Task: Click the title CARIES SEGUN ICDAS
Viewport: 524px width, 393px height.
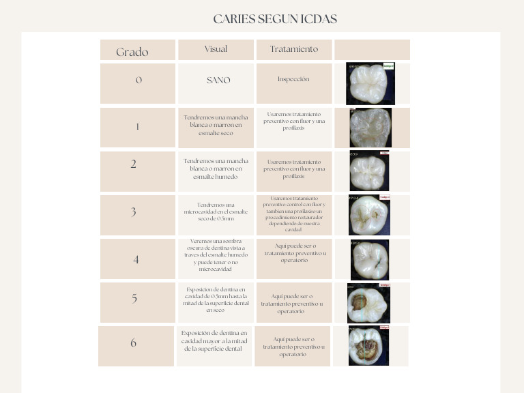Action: click(275, 19)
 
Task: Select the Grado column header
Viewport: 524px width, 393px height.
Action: click(132, 52)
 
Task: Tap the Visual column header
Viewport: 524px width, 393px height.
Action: click(216, 49)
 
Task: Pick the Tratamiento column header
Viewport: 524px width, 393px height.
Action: click(293, 49)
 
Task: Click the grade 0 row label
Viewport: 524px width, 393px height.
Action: click(139, 80)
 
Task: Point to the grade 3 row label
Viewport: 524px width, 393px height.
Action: click(134, 212)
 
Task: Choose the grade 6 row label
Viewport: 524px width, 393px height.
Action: click(134, 343)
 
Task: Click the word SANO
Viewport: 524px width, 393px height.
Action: click(218, 80)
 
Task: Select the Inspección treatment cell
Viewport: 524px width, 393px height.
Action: click(293, 79)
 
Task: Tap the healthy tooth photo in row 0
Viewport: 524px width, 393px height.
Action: click(370, 83)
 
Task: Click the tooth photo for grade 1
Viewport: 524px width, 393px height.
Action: click(370, 128)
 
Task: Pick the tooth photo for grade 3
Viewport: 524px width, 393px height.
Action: click(369, 215)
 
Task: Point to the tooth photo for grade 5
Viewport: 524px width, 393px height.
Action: click(368, 303)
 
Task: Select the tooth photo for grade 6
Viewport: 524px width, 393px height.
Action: click(368, 346)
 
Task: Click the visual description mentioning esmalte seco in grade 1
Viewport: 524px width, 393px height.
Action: click(216, 126)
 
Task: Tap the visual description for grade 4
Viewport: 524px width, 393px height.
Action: click(216, 255)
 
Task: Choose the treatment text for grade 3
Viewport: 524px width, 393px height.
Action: click(293, 214)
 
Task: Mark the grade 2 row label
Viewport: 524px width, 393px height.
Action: click(134, 164)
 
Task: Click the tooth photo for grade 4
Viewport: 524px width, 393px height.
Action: click(370, 259)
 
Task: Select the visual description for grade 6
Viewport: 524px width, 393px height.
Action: click(214, 340)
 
